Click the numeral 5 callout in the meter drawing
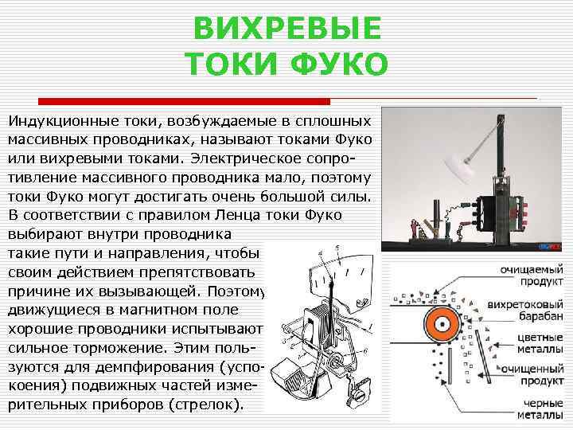point(337,249)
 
